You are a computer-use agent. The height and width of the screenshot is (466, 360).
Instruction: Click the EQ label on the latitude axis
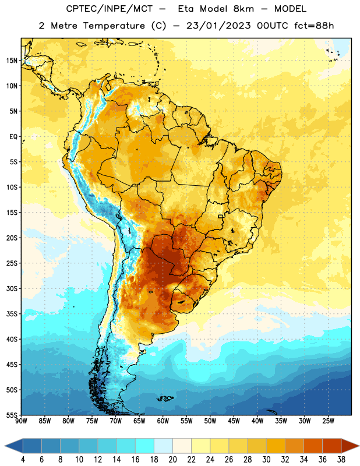(x=13, y=137)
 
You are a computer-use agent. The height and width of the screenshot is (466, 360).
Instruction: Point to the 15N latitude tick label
(x=12, y=61)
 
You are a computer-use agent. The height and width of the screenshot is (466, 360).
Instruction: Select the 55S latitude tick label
(x=12, y=415)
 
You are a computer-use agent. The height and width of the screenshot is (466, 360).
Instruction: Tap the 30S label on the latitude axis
(x=12, y=288)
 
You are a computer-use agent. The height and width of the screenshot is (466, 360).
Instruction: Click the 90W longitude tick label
(x=21, y=421)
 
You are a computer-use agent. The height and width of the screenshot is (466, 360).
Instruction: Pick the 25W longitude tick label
(x=328, y=421)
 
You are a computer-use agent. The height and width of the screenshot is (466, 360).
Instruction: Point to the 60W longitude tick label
(x=163, y=421)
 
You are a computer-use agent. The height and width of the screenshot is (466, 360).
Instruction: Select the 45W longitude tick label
(x=234, y=421)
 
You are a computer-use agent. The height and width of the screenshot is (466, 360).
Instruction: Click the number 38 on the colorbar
(x=341, y=460)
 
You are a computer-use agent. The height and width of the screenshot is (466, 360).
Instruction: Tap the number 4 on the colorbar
(x=23, y=460)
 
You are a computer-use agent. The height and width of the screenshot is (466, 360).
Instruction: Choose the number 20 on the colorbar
(x=172, y=460)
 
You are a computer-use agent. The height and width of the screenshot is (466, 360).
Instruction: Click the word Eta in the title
(x=186, y=9)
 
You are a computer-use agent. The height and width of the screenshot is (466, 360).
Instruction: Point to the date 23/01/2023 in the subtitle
(x=218, y=26)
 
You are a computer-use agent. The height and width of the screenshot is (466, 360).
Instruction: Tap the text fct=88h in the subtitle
(x=314, y=26)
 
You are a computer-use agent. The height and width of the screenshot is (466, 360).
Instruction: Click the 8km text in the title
(x=243, y=9)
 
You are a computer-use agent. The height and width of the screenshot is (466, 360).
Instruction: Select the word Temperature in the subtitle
(x=114, y=26)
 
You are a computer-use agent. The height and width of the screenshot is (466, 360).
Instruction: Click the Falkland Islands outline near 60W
(x=165, y=398)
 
